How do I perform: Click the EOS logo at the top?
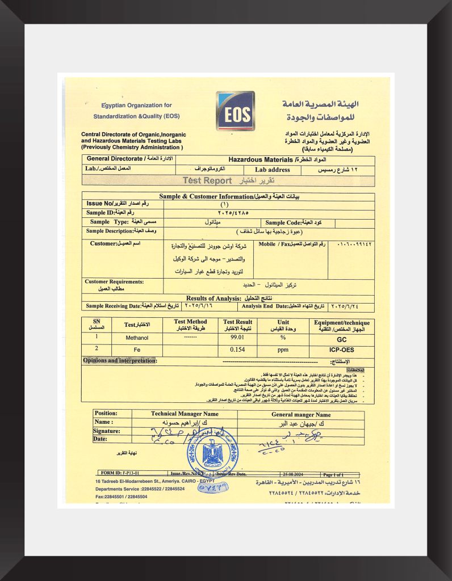(236, 112)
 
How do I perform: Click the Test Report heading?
(207, 180)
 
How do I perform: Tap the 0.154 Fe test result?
(237, 350)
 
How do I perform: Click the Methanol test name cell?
(137, 338)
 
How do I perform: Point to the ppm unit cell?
(282, 350)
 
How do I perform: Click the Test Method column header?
(190, 325)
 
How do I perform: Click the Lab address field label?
(272, 170)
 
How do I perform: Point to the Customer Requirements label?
(114, 281)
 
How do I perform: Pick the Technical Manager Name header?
(185, 414)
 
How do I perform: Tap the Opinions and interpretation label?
(120, 360)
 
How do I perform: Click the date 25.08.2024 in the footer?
(294, 474)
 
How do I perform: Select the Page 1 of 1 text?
(337, 474)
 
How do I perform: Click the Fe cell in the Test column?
(137, 350)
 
